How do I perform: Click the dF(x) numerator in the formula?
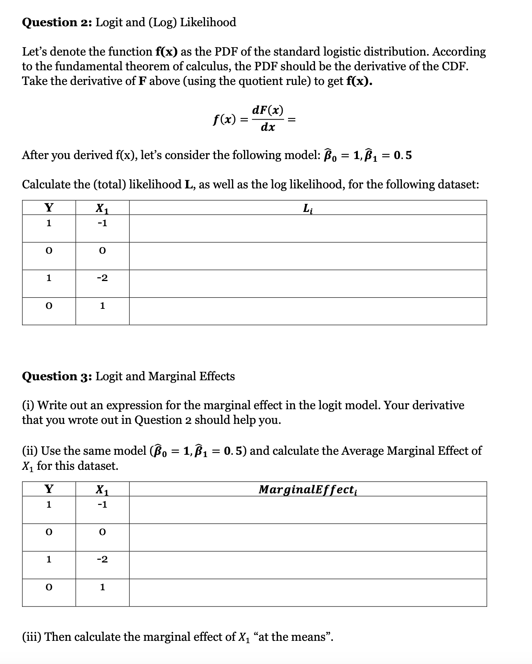pos(268,110)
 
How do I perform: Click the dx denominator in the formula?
pos(268,127)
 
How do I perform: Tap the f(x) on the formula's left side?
pos(225,119)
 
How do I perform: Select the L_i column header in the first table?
pos(308,208)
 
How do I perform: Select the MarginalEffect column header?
pos(308,490)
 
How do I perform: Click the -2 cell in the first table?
pos(102,278)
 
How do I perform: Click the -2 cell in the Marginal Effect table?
pos(102,559)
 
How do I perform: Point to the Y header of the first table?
pos(49,208)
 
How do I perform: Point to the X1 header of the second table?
pos(102,490)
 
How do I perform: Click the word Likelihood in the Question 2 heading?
pos(208,22)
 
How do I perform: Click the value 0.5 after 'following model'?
pos(403,156)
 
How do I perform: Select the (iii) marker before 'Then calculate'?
pos(32,637)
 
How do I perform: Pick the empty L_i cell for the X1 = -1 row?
pos(308,229)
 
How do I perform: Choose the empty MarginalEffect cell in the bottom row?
pos(308,592)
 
